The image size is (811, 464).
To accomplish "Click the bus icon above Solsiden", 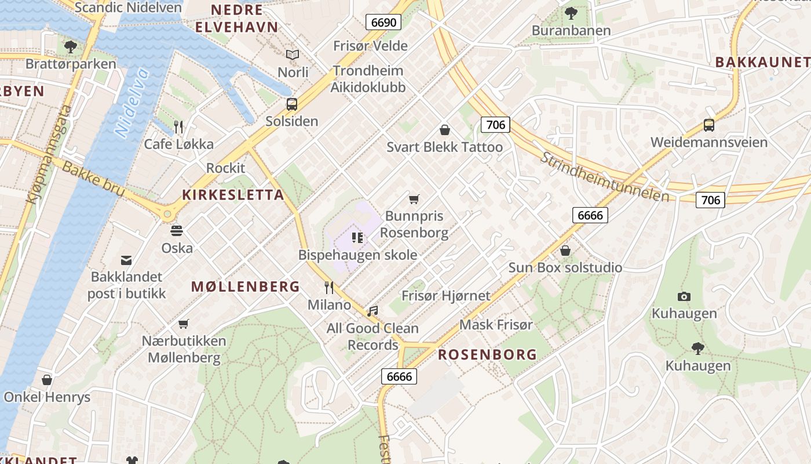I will coord(292,104).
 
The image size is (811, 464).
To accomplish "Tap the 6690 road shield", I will coord(383,23).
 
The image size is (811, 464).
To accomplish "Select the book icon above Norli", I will coord(293,55).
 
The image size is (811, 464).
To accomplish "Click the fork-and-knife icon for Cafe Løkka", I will coord(178,126).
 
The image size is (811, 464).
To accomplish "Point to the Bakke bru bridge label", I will coord(93,179).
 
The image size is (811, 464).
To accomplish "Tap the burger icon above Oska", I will coord(177,230).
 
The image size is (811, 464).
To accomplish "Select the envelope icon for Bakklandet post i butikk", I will coord(126,260).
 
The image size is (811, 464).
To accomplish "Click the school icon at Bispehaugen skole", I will coord(357,237).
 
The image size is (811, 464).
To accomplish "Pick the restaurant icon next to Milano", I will coord(329,287).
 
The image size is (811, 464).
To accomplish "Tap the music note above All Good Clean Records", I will coord(372,311).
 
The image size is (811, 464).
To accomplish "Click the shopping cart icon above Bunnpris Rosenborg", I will coord(414,200).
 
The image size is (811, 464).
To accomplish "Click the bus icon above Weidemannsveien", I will coord(708,125).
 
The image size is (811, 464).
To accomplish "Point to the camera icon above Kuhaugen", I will coord(684,296).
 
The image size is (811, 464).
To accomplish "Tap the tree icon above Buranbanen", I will coord(571,13).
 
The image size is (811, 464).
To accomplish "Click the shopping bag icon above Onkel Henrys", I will coord(47,380).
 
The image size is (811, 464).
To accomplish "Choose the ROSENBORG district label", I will coord(487,355).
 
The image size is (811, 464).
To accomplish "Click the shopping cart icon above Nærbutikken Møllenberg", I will coord(184,324).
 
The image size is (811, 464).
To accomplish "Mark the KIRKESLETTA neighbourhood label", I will coord(233,195).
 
